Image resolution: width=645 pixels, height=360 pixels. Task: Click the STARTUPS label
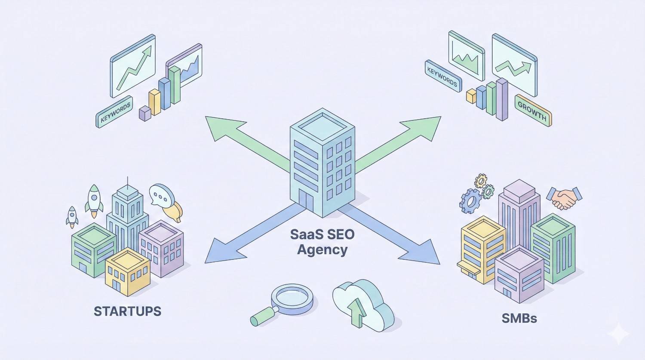point(127,311)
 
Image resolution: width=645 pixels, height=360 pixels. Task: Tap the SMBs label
point(519,318)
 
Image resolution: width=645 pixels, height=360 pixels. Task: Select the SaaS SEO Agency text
point(322,241)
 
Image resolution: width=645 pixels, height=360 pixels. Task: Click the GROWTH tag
point(533,111)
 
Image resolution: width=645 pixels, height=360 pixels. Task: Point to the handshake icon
point(564,197)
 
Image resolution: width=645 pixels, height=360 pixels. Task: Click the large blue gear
point(471,200)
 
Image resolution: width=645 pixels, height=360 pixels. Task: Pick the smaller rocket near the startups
point(72,216)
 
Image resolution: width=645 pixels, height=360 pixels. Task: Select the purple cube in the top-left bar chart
point(145,114)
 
